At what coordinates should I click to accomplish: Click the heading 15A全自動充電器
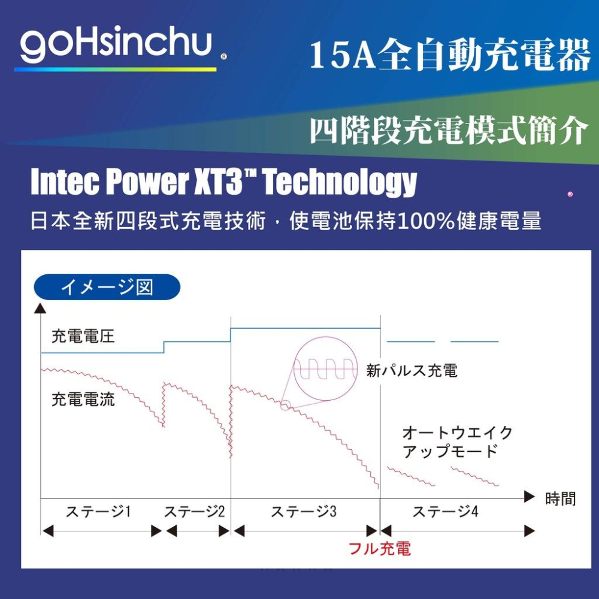(450, 55)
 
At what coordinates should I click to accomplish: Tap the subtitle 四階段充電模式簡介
(449, 129)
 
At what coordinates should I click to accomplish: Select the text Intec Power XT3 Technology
(223, 181)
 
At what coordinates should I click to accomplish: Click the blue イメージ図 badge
(107, 287)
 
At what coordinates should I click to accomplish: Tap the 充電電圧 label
(83, 337)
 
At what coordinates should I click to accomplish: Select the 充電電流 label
(83, 400)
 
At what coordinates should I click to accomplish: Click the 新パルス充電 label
(412, 371)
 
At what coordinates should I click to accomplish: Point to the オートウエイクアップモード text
(457, 442)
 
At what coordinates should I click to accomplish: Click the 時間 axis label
(561, 498)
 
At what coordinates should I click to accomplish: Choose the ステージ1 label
(98, 511)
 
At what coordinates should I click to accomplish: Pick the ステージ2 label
(195, 511)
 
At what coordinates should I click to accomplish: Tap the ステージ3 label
(304, 511)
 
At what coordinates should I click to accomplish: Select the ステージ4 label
(446, 511)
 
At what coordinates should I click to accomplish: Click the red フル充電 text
(380, 549)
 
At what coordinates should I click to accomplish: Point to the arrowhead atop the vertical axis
(40, 308)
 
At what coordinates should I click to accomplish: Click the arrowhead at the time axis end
(529, 497)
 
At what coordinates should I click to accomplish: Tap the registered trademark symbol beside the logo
(224, 56)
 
